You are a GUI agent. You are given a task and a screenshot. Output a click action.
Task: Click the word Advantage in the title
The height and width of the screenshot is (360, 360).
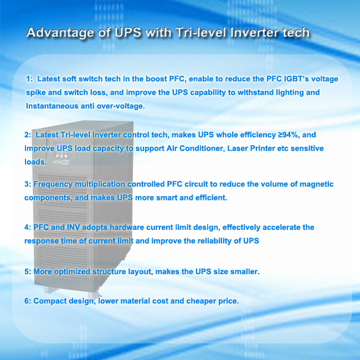point(60,33)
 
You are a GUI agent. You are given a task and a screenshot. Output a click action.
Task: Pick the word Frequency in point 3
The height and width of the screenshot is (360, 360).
point(53,184)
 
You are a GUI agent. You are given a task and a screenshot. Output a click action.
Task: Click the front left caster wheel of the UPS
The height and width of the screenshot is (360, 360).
point(49,290)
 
